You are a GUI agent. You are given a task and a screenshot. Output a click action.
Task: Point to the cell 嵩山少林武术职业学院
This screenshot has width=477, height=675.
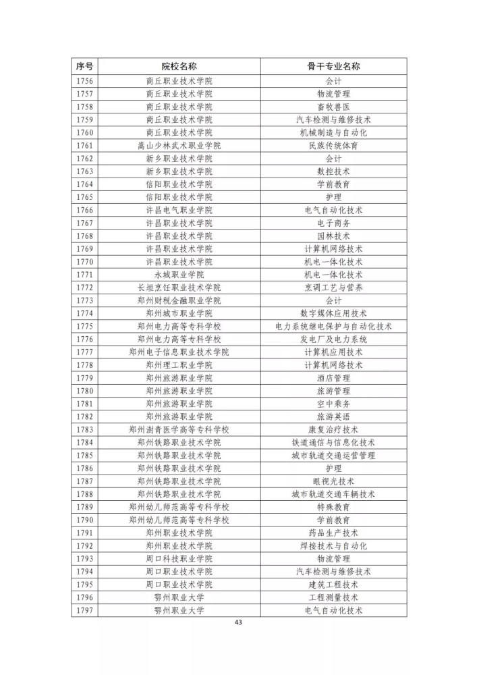point(179,146)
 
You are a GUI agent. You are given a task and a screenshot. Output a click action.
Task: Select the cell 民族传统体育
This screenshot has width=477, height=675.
point(333,146)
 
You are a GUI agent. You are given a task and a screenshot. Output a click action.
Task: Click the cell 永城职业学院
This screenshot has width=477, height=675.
point(179,275)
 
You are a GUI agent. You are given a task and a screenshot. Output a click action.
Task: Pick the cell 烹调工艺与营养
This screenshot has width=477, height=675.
point(333,288)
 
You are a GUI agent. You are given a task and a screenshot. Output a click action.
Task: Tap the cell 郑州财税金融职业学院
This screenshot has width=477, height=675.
point(179,300)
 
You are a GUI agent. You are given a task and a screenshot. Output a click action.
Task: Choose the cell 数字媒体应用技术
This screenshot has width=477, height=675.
point(333,313)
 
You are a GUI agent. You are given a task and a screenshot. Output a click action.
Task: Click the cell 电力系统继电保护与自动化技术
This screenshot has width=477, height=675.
point(333,327)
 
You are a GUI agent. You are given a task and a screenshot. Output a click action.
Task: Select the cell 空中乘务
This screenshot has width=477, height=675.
point(333,404)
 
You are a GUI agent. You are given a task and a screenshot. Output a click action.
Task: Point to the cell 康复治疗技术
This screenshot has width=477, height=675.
point(333,430)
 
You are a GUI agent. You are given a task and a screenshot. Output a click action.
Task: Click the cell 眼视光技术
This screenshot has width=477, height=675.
point(333,481)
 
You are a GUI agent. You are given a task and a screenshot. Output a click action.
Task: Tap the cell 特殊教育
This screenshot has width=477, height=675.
point(333,507)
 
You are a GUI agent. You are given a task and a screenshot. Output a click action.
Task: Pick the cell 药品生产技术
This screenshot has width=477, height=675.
point(333,533)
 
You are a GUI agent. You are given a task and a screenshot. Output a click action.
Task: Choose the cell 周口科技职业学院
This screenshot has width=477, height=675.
point(179,559)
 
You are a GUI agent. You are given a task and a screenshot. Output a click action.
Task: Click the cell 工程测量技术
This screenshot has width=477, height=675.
point(333,597)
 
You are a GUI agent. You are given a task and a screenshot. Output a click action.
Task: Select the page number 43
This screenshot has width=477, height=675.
point(237,622)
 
